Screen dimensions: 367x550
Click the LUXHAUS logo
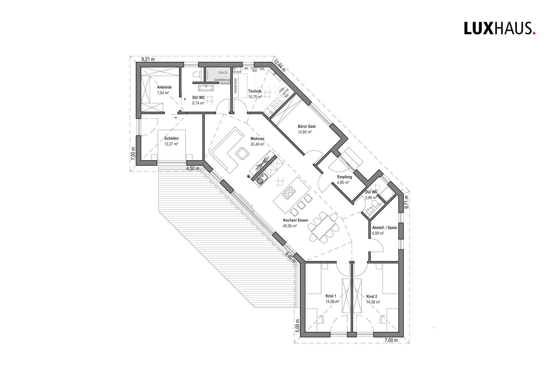(499, 28)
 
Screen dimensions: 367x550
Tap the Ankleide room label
(164, 87)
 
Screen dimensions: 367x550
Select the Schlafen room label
(171, 139)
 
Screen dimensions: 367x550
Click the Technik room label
(255, 92)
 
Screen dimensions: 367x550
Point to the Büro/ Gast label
(307, 127)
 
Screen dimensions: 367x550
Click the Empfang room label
(344, 177)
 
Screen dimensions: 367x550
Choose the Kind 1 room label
(331, 296)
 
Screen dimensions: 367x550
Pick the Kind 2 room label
(372, 297)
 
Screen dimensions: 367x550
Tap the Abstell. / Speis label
(384, 228)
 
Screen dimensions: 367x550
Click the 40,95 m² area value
(290, 226)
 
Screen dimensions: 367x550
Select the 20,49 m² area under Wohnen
(257, 144)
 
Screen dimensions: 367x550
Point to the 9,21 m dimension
(148, 59)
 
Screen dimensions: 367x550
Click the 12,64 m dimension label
(279, 66)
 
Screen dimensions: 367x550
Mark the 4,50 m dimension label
(192, 169)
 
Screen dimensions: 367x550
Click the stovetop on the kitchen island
(288, 193)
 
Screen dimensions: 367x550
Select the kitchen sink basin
(261, 179)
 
